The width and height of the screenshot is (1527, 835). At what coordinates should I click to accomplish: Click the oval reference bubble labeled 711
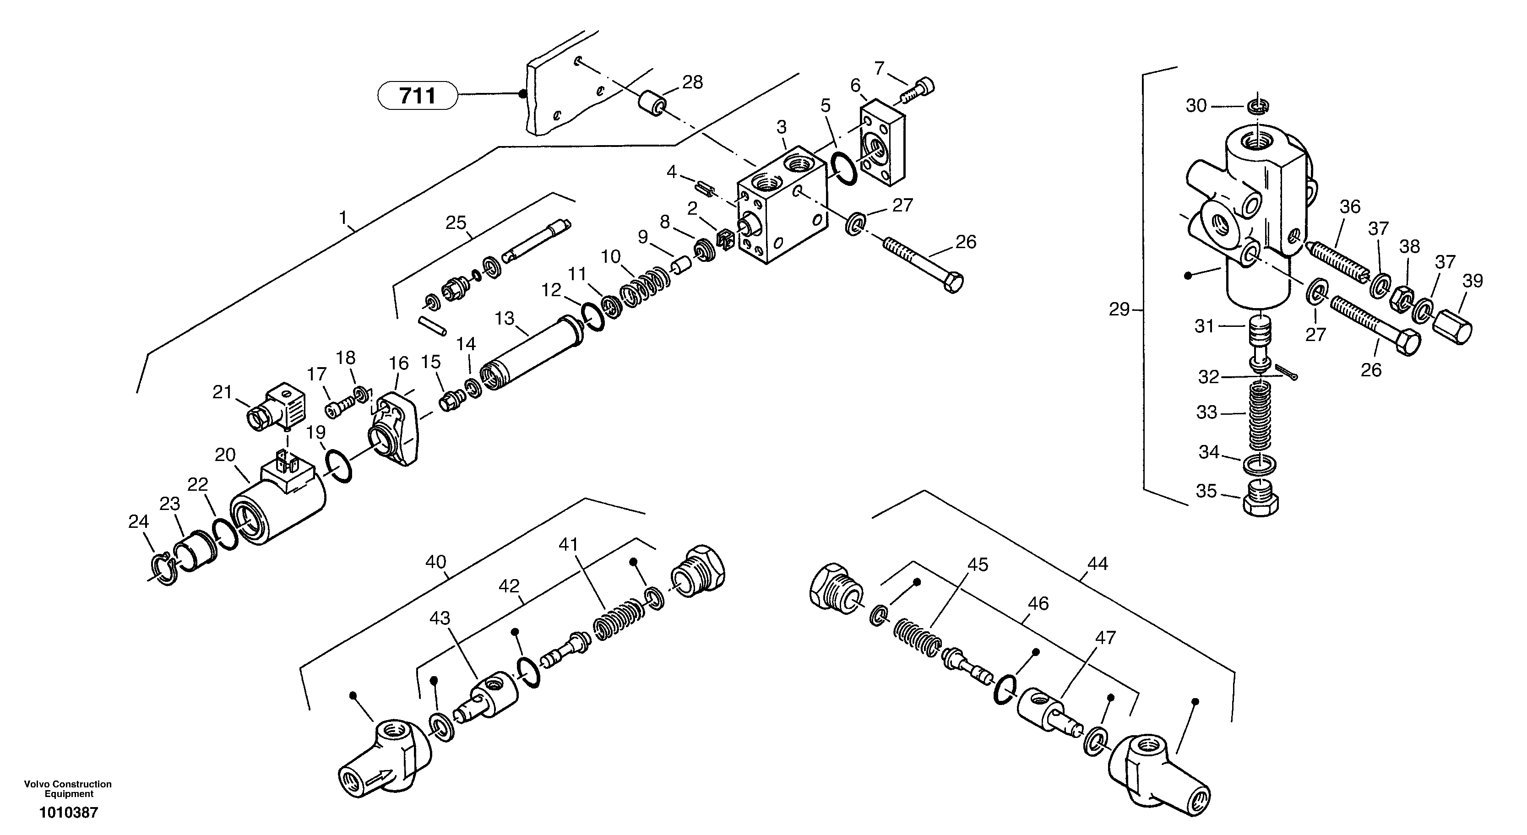(x=417, y=95)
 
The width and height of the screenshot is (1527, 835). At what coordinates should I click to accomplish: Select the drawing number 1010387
(x=68, y=813)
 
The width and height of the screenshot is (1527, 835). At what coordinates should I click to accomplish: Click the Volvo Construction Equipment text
(x=68, y=789)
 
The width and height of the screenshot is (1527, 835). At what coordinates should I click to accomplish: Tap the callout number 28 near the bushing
(x=692, y=82)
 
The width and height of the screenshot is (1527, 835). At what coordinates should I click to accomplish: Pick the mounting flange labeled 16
(x=396, y=425)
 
